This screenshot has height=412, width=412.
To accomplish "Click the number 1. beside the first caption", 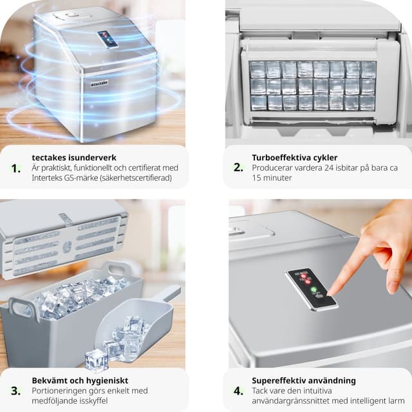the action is pyautogui.click(x=16, y=169).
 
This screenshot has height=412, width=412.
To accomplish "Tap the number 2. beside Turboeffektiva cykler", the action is pyautogui.click(x=238, y=167).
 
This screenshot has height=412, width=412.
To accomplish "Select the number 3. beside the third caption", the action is pyautogui.click(x=15, y=391).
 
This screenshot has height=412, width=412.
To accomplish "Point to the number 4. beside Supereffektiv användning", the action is pyautogui.click(x=238, y=391).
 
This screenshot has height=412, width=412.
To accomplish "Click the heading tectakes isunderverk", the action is pyautogui.click(x=74, y=158).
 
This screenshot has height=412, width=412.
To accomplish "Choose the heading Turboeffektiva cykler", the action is pyautogui.click(x=295, y=158).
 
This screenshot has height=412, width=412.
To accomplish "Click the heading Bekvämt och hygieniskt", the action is pyautogui.click(x=80, y=380).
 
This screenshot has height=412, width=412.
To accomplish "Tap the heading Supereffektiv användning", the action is pyautogui.click(x=304, y=380).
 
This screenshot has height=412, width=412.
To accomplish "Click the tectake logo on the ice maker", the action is pyautogui.click(x=99, y=84).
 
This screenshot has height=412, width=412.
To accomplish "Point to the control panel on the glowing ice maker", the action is pyautogui.click(x=108, y=40).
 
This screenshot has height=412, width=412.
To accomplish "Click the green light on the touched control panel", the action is pyautogui.click(x=314, y=290).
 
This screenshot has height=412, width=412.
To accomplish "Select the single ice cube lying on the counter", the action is pyautogui.click(x=96, y=359).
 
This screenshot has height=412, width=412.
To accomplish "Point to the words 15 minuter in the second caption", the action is pyautogui.click(x=272, y=178).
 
